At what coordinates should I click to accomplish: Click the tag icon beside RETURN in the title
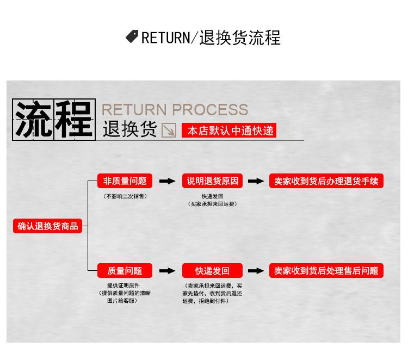coord(132,36)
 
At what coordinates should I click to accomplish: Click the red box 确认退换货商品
coord(48,226)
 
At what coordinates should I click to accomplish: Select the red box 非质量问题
coord(125,181)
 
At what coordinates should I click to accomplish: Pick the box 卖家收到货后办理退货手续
coord(326,181)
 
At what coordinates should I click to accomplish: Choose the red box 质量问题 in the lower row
coord(125,270)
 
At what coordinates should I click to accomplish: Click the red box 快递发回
coord(213,270)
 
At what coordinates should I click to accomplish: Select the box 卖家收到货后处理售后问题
coord(326,270)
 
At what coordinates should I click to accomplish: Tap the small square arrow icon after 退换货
coord(169,131)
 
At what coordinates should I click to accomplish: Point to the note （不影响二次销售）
coord(125,196)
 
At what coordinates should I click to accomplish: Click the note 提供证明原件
coord(123,285)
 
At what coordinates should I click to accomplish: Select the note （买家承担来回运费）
coord(213,204)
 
